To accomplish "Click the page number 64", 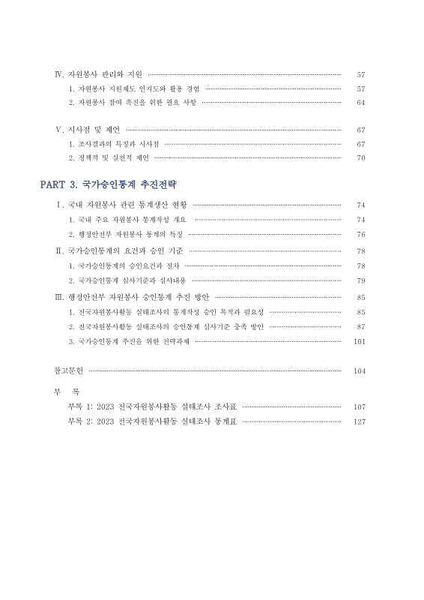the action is point(360,102).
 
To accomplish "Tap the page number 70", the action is point(360,157).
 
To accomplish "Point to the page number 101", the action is point(359,341).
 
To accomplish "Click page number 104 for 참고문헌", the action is point(359,371).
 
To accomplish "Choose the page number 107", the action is point(359,406).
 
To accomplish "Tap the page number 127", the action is point(359,421).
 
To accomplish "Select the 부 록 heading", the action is point(67,392).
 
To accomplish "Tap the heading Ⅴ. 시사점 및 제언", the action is point(88,130).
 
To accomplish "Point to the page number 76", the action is point(360,235).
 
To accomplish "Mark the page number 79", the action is point(360,280).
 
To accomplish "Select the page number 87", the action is point(360,326).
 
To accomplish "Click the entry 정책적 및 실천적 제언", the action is point(109,157).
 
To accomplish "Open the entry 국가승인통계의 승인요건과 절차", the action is point(124,265).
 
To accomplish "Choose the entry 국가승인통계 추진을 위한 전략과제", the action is point(129,341).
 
